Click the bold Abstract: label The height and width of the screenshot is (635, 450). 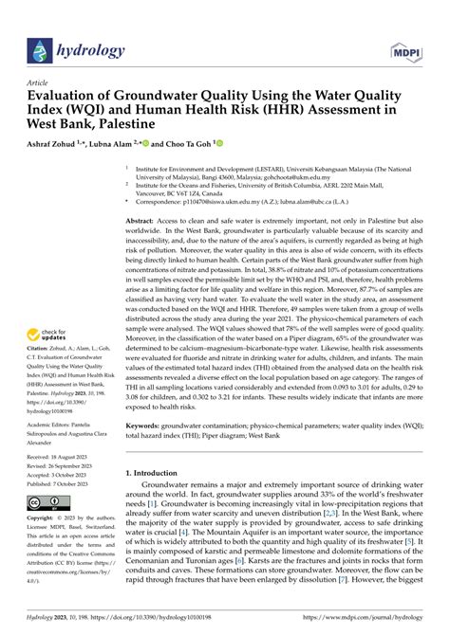pyautogui.click(x=145, y=219)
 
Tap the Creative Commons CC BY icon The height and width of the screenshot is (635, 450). pyautogui.click(x=47, y=500)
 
